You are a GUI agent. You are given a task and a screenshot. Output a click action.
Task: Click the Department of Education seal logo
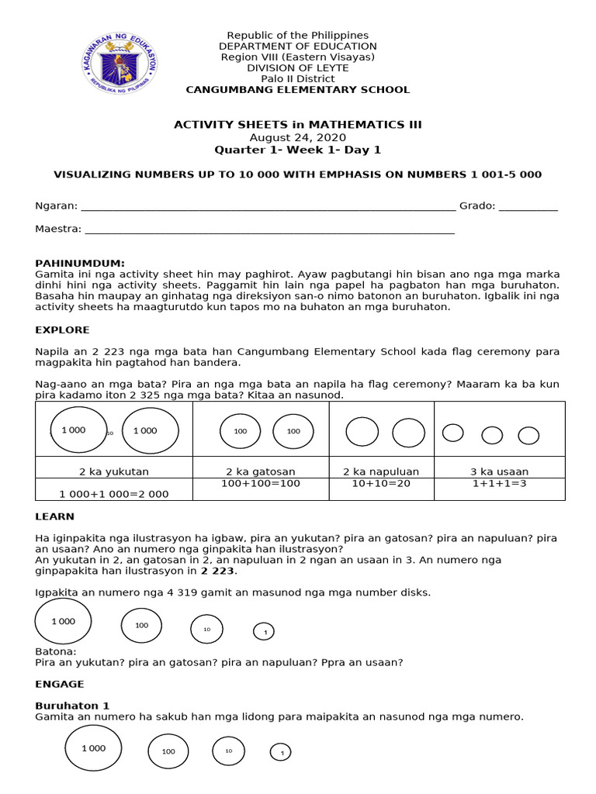tap(120, 63)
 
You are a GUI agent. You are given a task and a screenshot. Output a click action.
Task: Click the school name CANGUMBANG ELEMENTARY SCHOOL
tap(297, 90)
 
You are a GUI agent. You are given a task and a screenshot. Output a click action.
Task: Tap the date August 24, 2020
tap(297, 136)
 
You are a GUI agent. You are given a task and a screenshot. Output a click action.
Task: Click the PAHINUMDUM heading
tap(80, 264)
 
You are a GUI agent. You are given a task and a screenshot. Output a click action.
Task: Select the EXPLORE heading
tap(62, 330)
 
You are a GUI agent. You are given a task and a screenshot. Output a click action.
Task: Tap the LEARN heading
tap(55, 516)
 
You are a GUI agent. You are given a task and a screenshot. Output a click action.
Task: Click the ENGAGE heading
tap(60, 684)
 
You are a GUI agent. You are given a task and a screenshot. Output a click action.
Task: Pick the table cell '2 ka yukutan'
tap(114, 471)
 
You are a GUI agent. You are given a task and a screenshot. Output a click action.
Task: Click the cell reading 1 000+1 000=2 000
tap(114, 493)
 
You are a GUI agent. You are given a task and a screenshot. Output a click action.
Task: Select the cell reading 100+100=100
tap(261, 483)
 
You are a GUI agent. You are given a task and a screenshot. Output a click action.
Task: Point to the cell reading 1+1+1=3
tap(500, 483)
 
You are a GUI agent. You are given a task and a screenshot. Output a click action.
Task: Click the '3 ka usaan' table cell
tap(500, 471)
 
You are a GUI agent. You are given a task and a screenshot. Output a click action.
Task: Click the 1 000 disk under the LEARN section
tap(64, 621)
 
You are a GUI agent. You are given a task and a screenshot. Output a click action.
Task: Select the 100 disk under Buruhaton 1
tap(168, 751)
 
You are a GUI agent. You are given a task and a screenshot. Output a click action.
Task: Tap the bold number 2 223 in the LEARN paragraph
tap(217, 571)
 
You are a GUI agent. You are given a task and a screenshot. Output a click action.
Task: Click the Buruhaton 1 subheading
tap(72, 706)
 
